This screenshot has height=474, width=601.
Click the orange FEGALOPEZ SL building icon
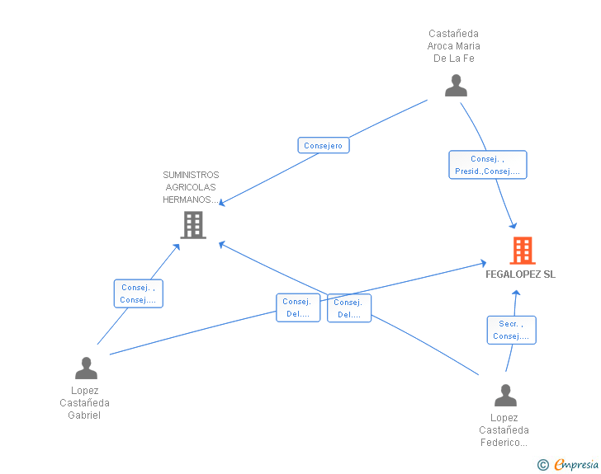click(523, 251)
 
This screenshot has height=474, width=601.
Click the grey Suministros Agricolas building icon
click(193, 225)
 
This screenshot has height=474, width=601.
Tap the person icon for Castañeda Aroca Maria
click(456, 86)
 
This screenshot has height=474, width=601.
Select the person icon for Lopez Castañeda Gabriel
click(86, 368)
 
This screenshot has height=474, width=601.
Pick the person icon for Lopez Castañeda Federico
click(505, 395)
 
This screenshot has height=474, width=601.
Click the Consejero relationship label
click(324, 145)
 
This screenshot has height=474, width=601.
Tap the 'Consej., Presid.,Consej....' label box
click(488, 165)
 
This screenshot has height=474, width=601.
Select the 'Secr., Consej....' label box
click(511, 330)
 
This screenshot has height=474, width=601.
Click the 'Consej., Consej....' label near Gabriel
click(139, 293)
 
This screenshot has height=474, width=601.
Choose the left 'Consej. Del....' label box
click(298, 307)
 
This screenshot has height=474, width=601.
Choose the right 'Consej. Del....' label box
click(349, 308)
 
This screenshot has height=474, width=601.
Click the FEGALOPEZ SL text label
click(520, 275)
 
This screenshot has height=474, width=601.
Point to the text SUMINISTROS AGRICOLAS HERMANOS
click(191, 187)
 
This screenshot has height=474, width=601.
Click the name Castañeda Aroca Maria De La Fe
click(454, 46)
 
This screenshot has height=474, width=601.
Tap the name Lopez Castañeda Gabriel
click(85, 403)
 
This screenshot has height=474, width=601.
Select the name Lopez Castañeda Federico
click(504, 430)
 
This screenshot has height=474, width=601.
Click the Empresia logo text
click(576, 464)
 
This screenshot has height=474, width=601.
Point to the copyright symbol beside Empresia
click(543, 465)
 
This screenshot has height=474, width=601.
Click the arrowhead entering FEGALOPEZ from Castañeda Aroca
click(513, 226)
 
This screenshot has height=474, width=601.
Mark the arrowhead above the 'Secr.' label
click(516, 293)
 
